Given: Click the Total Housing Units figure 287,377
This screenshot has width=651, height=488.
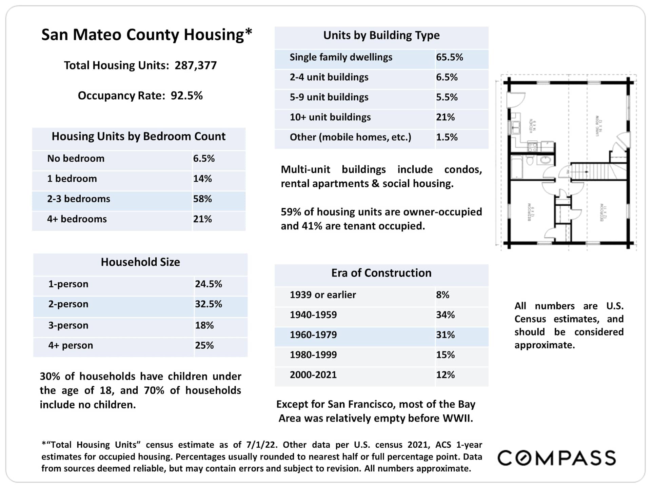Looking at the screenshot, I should tap(196, 65).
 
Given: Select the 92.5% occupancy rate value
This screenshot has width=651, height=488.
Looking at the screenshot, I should tap(186, 96).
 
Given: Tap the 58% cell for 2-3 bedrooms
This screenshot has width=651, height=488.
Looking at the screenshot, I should tap(202, 199).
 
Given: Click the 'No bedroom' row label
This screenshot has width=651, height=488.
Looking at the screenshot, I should tap(76, 159).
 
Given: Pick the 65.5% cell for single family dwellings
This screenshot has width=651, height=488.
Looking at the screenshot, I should tap(449, 57).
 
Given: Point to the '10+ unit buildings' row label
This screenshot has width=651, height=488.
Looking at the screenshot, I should tap(330, 117).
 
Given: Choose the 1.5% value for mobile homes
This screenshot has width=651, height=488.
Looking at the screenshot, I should tap(447, 137).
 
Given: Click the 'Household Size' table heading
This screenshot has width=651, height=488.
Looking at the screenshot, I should tap(140, 262).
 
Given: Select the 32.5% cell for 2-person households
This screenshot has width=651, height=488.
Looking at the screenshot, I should tap(208, 304).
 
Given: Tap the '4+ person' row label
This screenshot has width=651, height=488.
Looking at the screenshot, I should tap(71, 345).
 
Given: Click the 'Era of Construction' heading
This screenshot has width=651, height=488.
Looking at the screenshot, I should tap(381, 273).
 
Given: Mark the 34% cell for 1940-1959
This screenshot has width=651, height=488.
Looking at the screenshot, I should tap(445, 315).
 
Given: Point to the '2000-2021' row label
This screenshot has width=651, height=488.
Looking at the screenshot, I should tap(313, 375).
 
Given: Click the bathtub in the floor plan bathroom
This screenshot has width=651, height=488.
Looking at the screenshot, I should tap(516, 167).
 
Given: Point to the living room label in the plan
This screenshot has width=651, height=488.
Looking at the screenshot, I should tap(599, 126).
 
